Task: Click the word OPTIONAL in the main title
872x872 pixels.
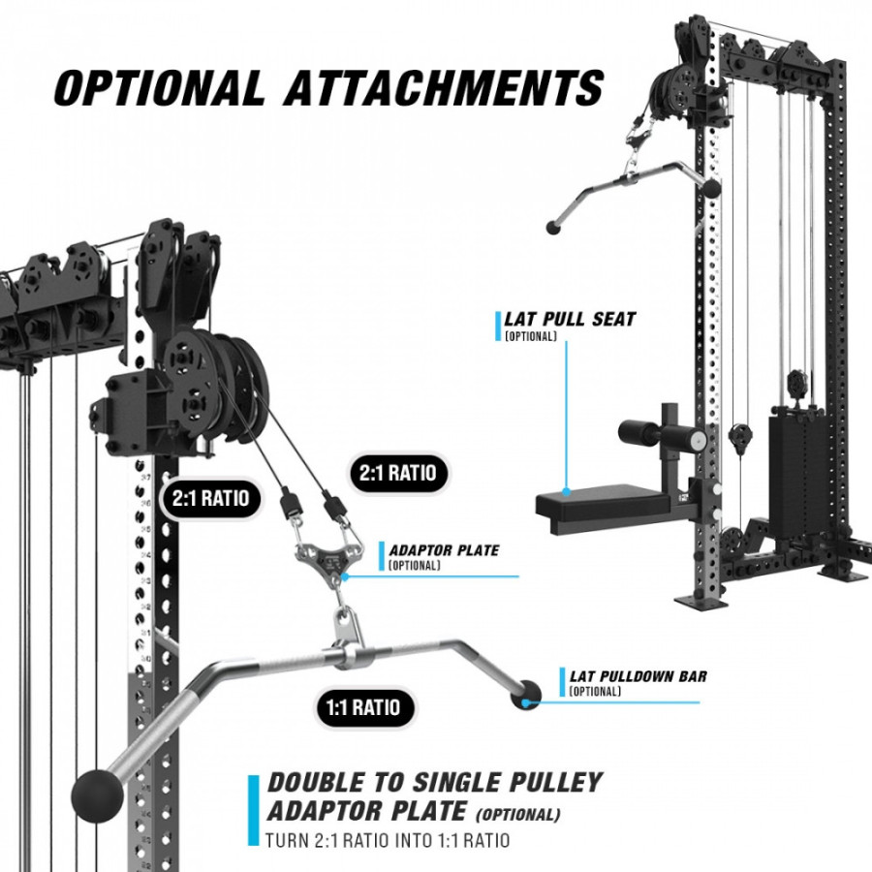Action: pos(160,87)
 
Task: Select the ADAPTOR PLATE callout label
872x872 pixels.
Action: pos(444,550)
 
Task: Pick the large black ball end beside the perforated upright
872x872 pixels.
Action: pos(97,794)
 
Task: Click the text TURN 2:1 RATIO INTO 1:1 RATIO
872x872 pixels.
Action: pos(388,840)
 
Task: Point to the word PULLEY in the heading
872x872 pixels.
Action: pos(550,783)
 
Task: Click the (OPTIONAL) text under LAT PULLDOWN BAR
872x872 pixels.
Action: pos(596,691)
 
